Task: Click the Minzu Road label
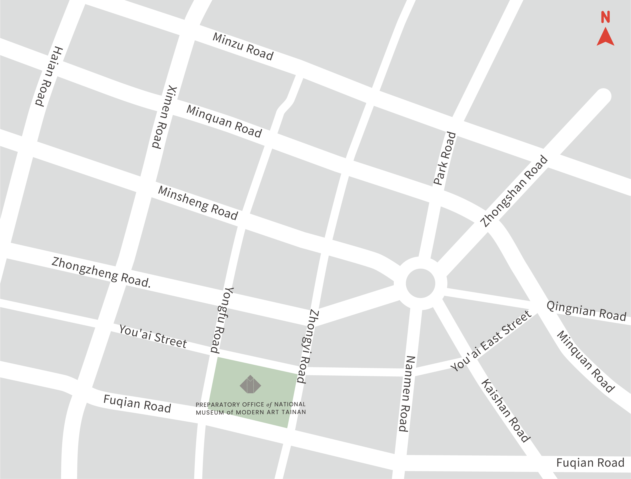243,47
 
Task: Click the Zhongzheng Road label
101,272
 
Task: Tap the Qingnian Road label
586,311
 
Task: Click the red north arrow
605,37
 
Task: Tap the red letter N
605,17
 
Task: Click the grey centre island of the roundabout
420,283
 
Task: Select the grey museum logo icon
250,384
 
